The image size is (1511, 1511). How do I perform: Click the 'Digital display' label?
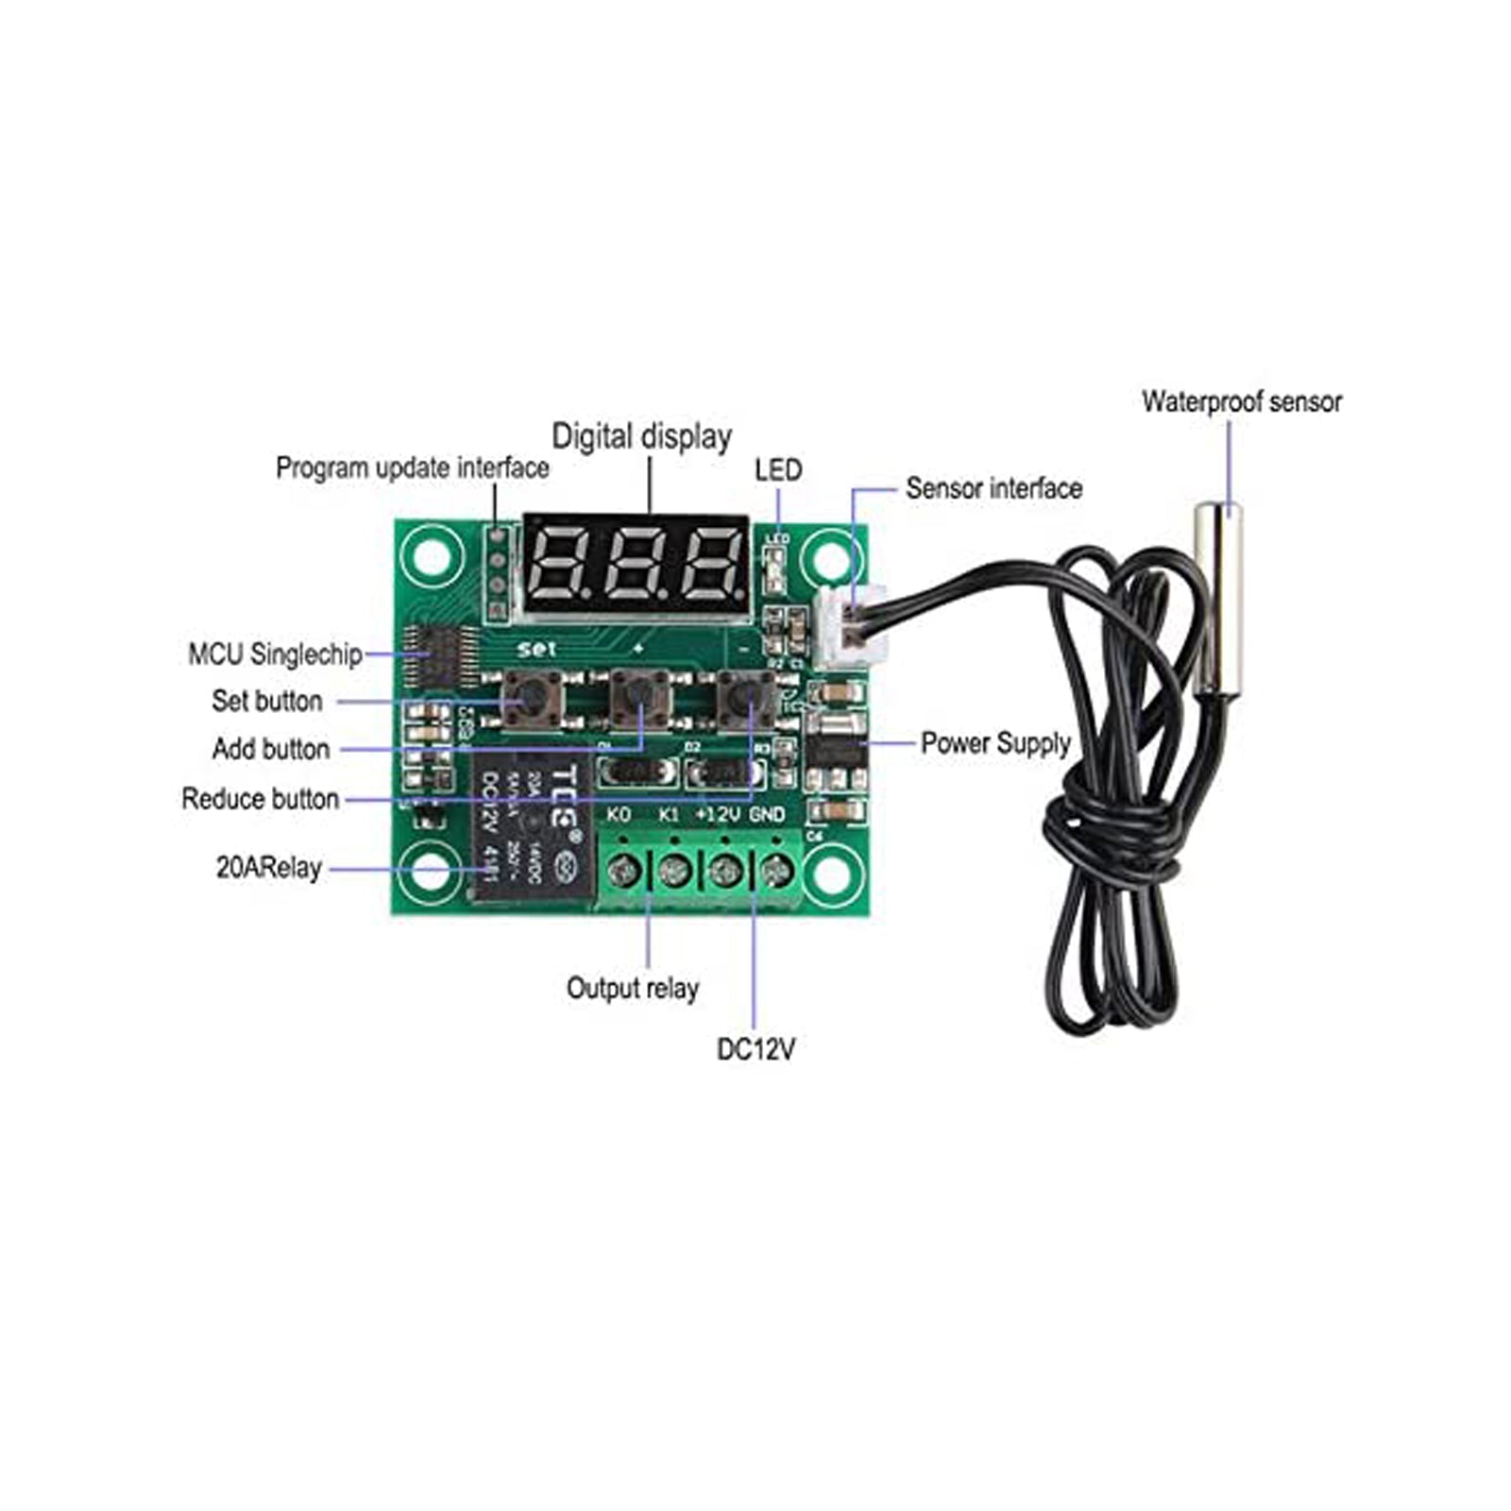click(x=641, y=436)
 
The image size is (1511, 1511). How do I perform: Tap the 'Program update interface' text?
click(x=412, y=467)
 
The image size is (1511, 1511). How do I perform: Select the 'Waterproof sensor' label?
click(x=1241, y=401)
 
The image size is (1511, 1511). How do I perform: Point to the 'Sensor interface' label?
click(x=993, y=488)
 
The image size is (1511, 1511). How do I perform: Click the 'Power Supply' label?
click(x=995, y=743)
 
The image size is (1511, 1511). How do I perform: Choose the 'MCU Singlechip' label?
click(x=275, y=654)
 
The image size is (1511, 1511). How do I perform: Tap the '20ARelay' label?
click(x=269, y=868)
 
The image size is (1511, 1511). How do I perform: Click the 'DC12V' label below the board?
click(x=755, y=1049)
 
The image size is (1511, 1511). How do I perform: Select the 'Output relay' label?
click(x=632, y=989)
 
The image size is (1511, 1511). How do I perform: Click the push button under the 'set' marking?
click(x=532, y=700)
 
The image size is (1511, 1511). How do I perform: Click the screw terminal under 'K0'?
click(x=621, y=870)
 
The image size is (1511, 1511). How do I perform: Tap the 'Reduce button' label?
click(x=260, y=799)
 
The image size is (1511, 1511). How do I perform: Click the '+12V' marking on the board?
click(x=718, y=814)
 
